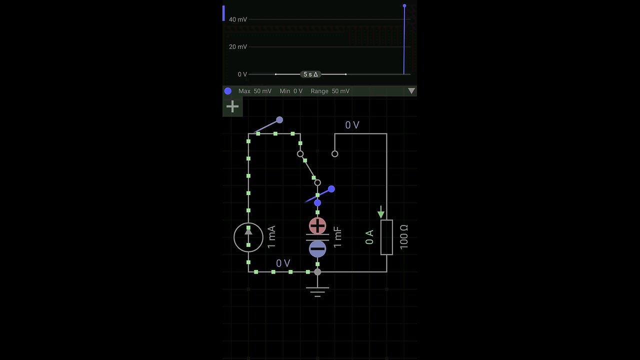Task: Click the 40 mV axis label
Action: pyautogui.click(x=238, y=19)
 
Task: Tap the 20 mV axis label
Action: pyautogui.click(x=238, y=47)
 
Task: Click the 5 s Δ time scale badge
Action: pyautogui.click(x=310, y=74)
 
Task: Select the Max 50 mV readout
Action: pyautogui.click(x=255, y=91)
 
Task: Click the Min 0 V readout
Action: pyautogui.click(x=291, y=91)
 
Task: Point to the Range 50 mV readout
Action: pyautogui.click(x=330, y=91)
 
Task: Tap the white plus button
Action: pyautogui.click(x=232, y=106)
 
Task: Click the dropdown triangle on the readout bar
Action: pyautogui.click(x=411, y=91)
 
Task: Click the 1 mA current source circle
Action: pyautogui.click(x=248, y=237)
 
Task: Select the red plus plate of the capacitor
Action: pyautogui.click(x=317, y=226)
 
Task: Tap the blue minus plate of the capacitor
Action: pyautogui.click(x=317, y=248)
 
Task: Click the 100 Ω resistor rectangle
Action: pyautogui.click(x=386, y=237)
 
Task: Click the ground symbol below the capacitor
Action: pyautogui.click(x=317, y=290)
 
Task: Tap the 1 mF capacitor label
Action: pyautogui.click(x=338, y=237)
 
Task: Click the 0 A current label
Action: pyautogui.click(x=369, y=237)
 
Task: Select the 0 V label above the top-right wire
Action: pyautogui.click(x=352, y=125)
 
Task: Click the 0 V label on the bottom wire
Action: pyautogui.click(x=283, y=263)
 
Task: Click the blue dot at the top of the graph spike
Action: pyautogui.click(x=404, y=6)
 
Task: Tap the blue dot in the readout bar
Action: pyautogui.click(x=228, y=91)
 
